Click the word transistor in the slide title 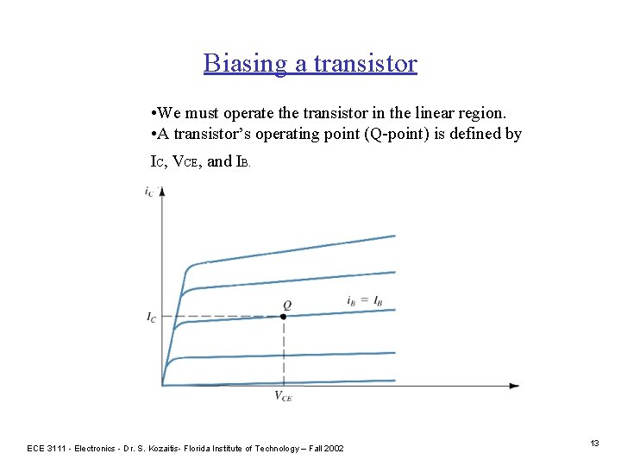point(366,64)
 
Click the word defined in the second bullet point(477,135)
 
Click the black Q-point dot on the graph point(284,317)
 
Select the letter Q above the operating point point(286,305)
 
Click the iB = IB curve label point(364,301)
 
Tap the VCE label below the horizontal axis point(283,396)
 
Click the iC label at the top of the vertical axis point(149,191)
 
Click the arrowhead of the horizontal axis point(514,386)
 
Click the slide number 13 point(594,443)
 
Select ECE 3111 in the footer point(47,448)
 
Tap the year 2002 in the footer point(332,448)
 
